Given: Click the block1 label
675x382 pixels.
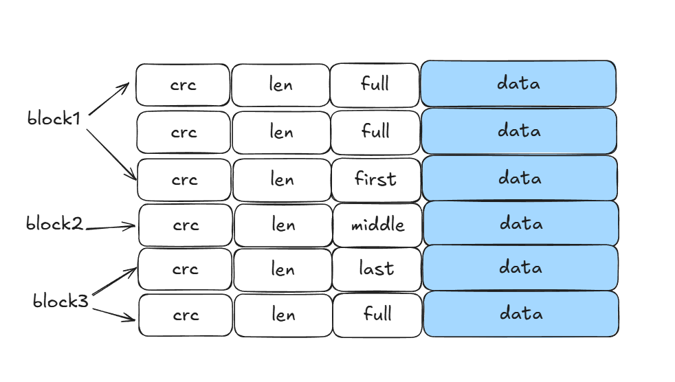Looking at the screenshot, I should [54, 118].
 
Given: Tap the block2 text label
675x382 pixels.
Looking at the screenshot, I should [54, 223].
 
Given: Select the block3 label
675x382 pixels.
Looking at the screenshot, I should [60, 300].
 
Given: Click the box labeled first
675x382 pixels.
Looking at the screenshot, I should [376, 179].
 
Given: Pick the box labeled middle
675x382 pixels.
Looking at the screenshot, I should [377, 225].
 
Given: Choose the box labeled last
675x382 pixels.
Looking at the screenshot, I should [377, 269].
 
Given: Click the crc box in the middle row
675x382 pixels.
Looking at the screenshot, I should [186, 225].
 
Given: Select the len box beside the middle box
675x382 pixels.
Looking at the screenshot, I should [283, 225].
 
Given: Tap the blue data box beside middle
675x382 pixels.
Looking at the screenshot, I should [520, 224].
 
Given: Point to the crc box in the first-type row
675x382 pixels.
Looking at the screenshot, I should [184, 179].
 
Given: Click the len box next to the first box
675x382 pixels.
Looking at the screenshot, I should [282, 179].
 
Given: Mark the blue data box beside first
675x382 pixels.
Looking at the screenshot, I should [520, 179].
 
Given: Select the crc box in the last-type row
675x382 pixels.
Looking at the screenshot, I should [185, 269].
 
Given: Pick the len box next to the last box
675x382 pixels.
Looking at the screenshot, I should [283, 269].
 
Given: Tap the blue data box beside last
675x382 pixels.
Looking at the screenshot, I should [520, 268].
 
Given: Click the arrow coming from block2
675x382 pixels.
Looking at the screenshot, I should [110, 226].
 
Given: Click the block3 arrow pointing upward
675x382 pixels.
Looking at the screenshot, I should [114, 282].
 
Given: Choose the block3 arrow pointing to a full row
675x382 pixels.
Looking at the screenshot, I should [114, 313].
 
